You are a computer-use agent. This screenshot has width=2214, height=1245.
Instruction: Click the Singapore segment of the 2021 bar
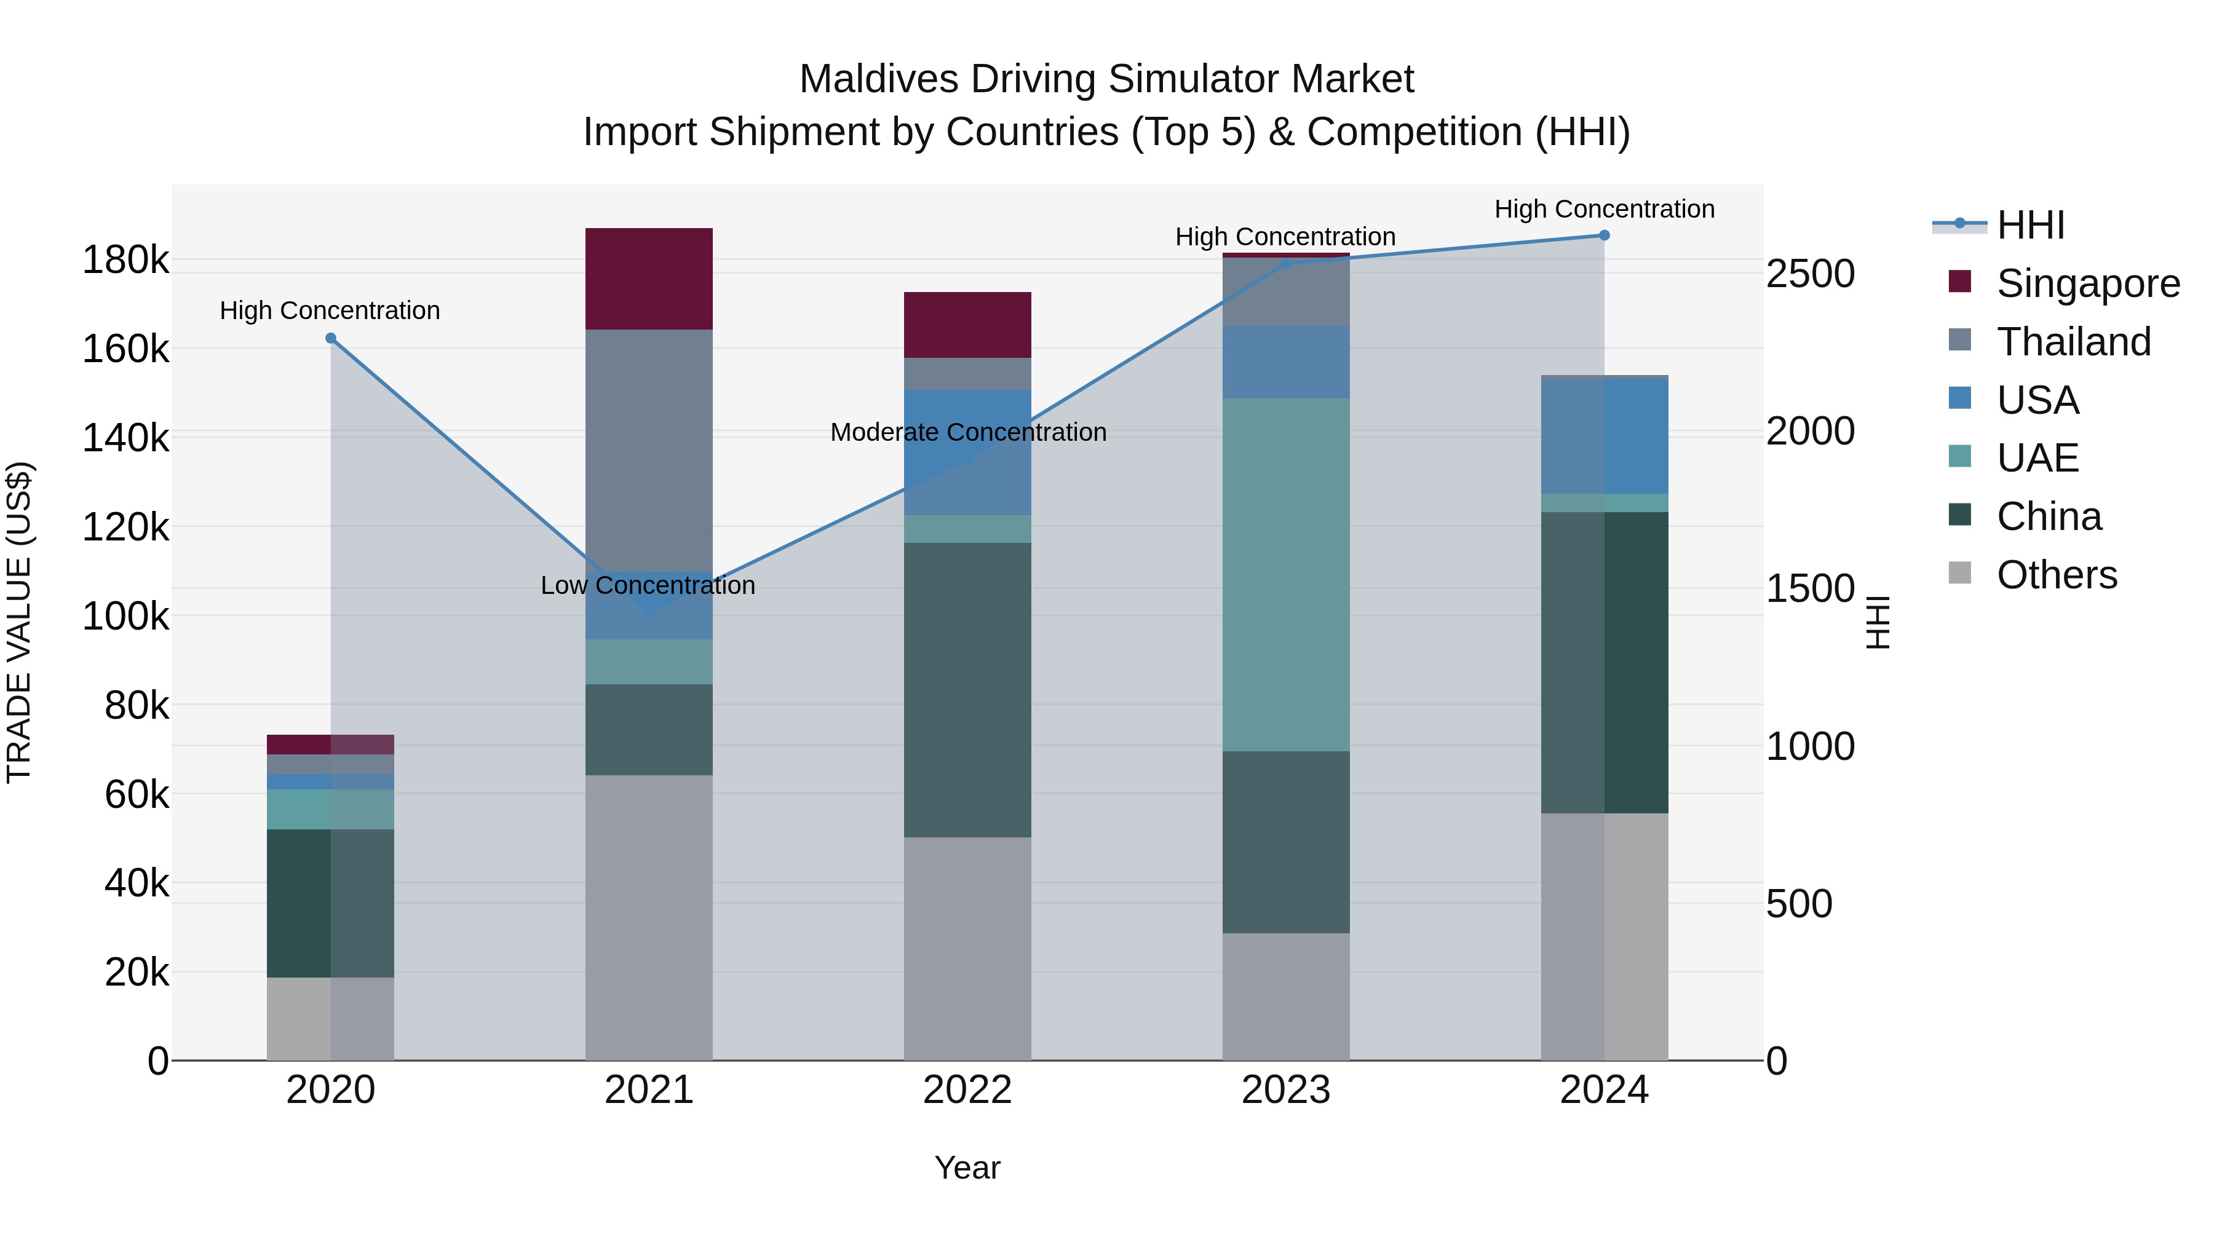[649, 279]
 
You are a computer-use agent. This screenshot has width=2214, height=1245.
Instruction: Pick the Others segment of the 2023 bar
[1286, 996]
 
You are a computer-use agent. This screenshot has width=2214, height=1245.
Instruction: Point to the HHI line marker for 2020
[331, 339]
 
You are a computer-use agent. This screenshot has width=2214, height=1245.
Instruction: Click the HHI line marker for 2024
[1604, 235]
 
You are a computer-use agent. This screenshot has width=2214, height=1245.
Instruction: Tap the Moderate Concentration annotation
[968, 432]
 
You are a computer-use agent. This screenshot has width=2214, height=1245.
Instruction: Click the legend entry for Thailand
[2073, 342]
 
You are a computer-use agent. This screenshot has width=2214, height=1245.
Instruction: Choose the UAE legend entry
[2037, 458]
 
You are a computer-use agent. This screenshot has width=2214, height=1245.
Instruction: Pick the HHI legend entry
[2030, 225]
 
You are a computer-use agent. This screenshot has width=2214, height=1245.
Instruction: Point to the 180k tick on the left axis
[125, 260]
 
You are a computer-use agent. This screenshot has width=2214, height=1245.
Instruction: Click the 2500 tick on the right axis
[1810, 274]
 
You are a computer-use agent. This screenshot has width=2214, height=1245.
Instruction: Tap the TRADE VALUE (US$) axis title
[19, 622]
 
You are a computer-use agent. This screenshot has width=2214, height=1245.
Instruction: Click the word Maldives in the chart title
[878, 79]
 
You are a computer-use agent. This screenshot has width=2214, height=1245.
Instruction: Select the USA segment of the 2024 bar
[1604, 437]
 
